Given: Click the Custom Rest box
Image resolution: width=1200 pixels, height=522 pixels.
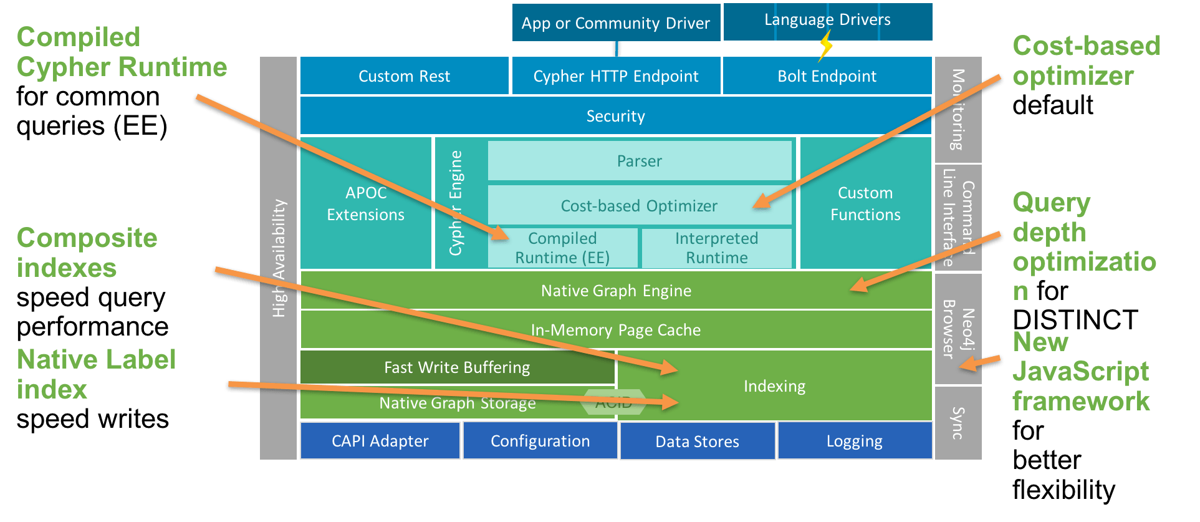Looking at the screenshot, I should (404, 76).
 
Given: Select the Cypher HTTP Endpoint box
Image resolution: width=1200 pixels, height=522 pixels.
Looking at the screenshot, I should (615, 76).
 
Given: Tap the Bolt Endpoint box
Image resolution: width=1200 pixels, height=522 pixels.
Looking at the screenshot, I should (827, 76).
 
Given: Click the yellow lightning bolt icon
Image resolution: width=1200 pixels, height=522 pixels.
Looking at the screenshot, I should (826, 45).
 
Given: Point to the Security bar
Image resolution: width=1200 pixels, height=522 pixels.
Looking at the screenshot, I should (615, 116).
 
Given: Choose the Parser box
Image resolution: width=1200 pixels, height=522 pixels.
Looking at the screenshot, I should (639, 161).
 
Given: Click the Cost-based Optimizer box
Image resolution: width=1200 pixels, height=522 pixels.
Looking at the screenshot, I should (639, 206).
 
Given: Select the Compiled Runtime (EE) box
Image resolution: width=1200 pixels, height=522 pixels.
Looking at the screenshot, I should (562, 248).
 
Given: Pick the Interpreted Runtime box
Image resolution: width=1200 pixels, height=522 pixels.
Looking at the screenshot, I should (716, 248).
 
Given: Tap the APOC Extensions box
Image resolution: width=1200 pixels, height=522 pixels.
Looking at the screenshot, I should (366, 203).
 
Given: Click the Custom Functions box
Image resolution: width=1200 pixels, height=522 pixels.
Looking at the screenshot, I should (865, 203).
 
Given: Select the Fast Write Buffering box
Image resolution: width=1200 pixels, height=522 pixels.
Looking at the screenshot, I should (457, 367).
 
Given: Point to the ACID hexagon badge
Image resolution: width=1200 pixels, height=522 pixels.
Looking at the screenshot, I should (613, 402).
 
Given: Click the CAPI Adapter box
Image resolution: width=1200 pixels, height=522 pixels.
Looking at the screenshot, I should (380, 441).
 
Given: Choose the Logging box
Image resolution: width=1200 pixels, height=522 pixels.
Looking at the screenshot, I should (855, 441).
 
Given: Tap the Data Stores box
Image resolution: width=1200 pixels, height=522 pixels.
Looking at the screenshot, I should (697, 441).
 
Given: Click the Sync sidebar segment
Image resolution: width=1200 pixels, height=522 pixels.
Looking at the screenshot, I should (958, 423).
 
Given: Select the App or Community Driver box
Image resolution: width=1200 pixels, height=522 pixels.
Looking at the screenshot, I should (615, 23).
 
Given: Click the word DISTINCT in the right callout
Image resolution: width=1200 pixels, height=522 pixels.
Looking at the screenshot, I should (1075, 320).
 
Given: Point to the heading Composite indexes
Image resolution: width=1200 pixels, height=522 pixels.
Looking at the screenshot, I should (87, 253).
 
